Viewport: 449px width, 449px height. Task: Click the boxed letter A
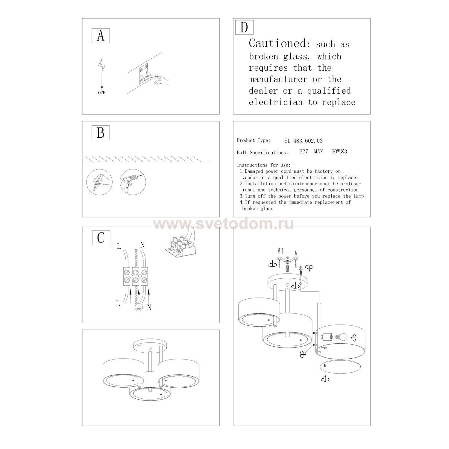(101, 36)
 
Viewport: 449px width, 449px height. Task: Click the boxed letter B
(101, 133)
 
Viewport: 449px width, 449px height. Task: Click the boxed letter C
(101, 238)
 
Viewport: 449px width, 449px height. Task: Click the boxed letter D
(244, 27)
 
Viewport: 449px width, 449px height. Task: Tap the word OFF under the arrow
(102, 93)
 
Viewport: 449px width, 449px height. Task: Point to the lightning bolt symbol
(102, 66)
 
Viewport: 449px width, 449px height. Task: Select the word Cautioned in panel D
(277, 43)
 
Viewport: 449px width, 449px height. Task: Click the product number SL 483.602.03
(303, 141)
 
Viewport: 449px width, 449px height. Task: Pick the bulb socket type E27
(304, 151)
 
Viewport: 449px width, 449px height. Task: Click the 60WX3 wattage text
(339, 151)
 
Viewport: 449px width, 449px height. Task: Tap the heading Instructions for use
(264, 165)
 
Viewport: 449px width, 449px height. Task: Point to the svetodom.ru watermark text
(224, 224)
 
